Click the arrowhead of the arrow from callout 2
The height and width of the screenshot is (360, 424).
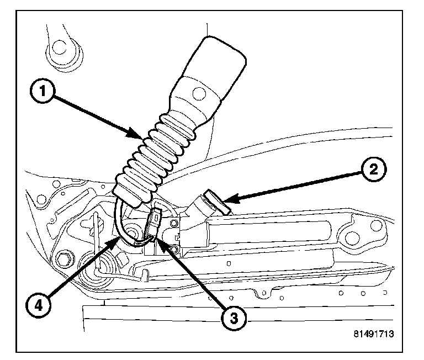227,197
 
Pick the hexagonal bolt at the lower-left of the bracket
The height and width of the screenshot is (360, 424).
65,259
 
